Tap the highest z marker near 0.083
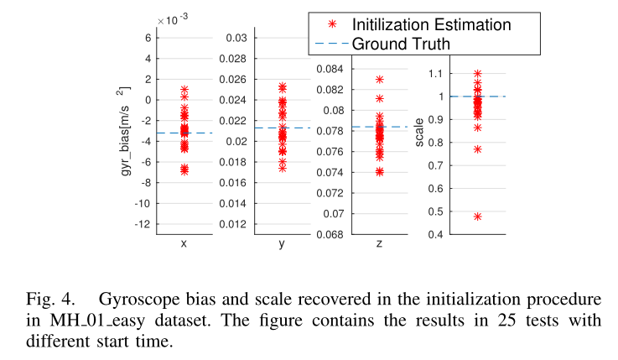(x=380, y=80)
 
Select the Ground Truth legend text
(x=401, y=43)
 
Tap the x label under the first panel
(x=184, y=244)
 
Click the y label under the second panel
(x=282, y=244)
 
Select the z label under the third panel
(x=380, y=244)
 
